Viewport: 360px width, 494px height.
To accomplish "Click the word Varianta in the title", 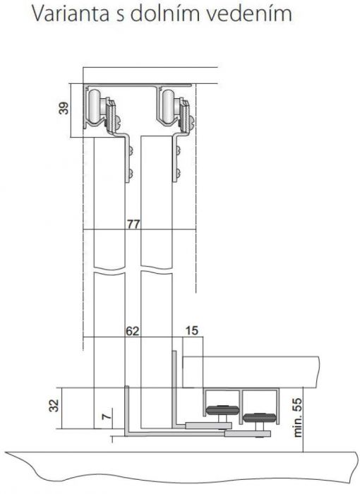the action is coord(71,13).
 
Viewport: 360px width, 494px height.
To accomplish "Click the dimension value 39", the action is coord(64,108).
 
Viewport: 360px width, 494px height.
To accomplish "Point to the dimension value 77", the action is coord(133,224).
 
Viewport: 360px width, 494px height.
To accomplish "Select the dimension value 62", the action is coord(133,331).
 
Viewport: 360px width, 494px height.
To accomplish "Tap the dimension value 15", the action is coord(192,330).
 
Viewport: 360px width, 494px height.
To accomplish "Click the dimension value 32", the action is coord(54,405).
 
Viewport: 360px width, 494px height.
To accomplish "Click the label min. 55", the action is coord(298,418).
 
